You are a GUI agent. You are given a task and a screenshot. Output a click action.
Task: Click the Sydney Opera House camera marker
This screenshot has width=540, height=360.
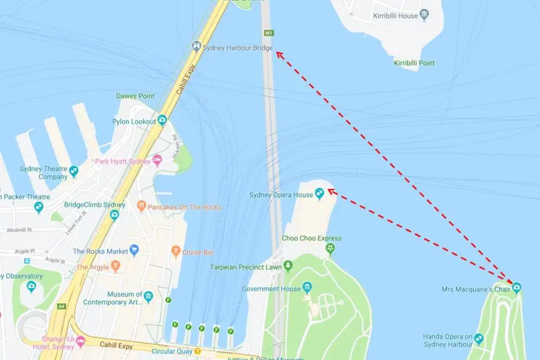click(x=320, y=192)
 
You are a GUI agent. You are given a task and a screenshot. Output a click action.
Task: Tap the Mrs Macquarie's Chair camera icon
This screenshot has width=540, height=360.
click(x=516, y=288)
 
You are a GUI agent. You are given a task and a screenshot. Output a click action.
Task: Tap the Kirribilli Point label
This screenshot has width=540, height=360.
click(x=414, y=63)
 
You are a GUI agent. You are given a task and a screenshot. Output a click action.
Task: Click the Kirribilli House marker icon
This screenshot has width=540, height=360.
click(x=424, y=15)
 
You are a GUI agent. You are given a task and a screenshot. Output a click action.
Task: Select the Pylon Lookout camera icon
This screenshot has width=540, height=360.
click(x=162, y=120)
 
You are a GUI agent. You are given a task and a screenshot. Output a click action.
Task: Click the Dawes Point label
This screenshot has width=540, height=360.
click(x=135, y=96)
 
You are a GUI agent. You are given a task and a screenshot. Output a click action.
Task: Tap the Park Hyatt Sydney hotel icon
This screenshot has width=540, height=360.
click(x=157, y=160)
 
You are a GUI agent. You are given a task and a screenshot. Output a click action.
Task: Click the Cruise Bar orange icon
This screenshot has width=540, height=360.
click(x=175, y=251)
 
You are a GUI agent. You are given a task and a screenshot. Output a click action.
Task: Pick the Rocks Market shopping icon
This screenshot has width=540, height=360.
click(x=134, y=250)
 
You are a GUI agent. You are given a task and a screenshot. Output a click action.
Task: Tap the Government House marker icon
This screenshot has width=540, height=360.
click(x=307, y=288)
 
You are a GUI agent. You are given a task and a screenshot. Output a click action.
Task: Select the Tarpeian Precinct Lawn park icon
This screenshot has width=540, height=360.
click(x=288, y=265)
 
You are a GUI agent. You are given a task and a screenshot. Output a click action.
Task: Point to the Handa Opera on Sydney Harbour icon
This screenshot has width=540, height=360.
click(x=478, y=339)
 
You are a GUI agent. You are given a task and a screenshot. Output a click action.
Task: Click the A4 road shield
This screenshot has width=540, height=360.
click(x=62, y=306)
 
